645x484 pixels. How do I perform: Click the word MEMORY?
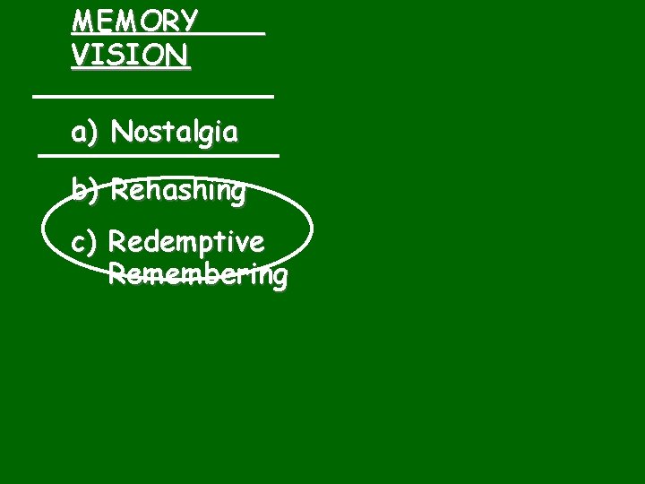tap(134, 21)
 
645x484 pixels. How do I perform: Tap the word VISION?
tap(130, 56)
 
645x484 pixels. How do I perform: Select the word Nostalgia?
tap(175, 134)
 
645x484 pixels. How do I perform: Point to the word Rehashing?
tap(177, 191)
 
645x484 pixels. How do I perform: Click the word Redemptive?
tap(186, 243)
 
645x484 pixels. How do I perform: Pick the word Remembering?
tap(197, 275)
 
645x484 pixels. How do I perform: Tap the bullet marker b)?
tap(85, 190)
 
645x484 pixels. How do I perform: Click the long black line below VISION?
tap(152, 93)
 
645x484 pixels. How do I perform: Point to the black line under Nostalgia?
tap(159, 156)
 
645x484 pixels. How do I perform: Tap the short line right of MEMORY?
tap(235, 33)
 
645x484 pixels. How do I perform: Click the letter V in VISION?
tap(81, 56)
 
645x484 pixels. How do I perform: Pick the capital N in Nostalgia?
tap(121, 134)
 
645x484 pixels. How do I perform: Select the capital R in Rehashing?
tap(120, 190)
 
